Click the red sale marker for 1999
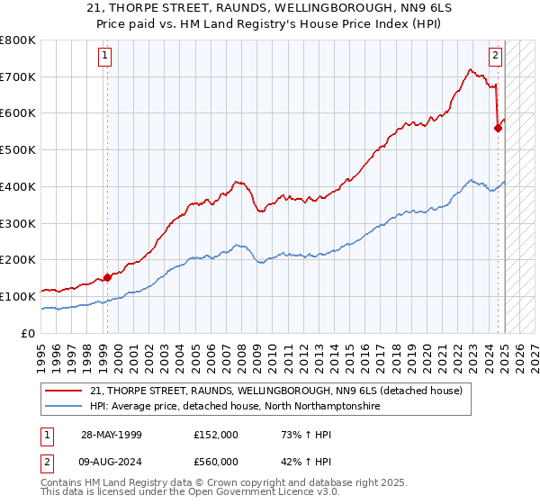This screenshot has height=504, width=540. pos(107,277)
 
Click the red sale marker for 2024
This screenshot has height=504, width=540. pos(498,128)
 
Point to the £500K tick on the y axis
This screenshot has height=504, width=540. pos(18,149)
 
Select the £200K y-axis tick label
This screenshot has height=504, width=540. pos(18,259)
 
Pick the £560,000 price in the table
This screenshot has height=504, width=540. pos(215,461)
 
